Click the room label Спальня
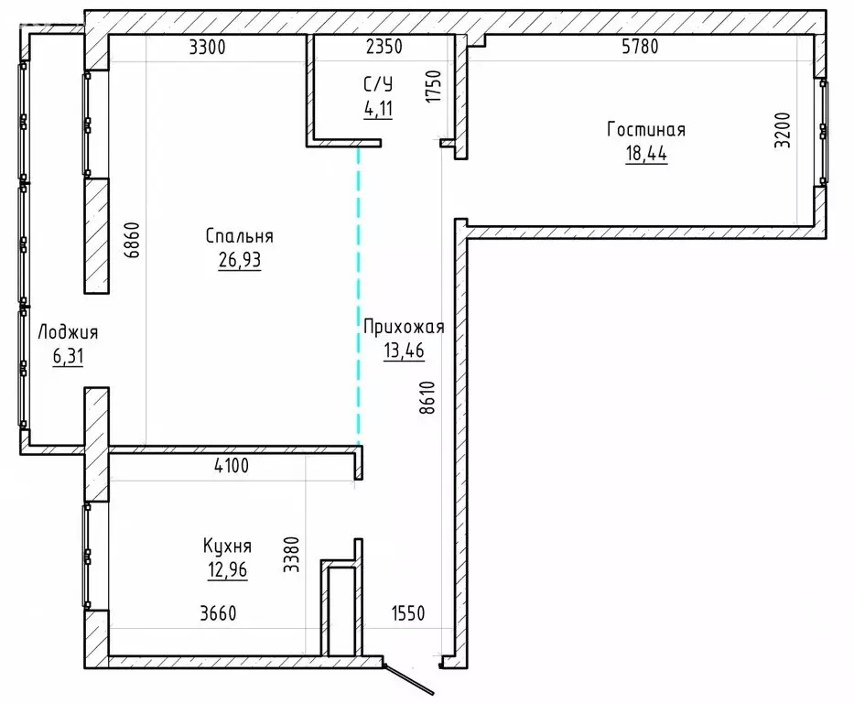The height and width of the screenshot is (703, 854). point(239,236)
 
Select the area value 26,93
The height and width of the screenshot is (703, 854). point(239,261)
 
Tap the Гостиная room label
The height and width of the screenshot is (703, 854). point(645,130)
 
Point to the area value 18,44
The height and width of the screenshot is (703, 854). point(645,154)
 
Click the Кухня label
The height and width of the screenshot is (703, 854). point(227,546)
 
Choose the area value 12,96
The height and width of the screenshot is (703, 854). point(227,570)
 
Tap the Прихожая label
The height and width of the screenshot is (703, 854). point(403,327)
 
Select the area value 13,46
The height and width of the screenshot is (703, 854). point(403,351)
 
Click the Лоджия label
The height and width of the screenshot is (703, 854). point(67,332)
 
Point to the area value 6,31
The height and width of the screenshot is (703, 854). point(67,356)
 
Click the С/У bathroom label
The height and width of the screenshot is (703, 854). point(377,84)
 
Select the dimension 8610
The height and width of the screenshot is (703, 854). point(429,399)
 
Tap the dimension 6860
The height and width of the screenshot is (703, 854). point(134,241)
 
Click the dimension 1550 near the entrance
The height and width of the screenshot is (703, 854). point(408,613)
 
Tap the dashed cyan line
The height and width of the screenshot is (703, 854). point(358,293)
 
